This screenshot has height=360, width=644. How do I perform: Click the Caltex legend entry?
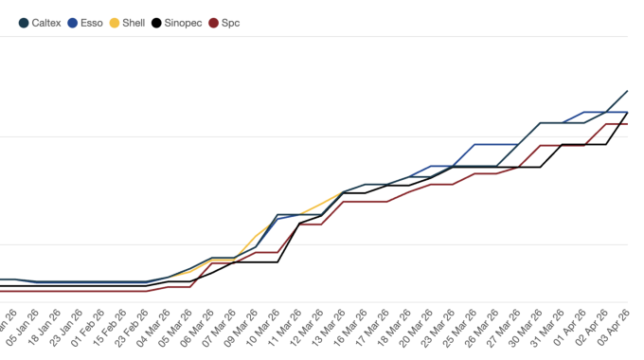(x=41, y=22)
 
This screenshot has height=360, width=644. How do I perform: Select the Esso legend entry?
(x=88, y=22)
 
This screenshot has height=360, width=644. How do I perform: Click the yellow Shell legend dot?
(x=116, y=22)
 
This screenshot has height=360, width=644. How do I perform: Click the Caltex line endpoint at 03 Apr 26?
(x=628, y=92)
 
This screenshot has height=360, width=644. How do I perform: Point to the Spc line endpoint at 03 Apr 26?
(x=628, y=124)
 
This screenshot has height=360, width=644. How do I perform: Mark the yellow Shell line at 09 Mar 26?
(x=256, y=235)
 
